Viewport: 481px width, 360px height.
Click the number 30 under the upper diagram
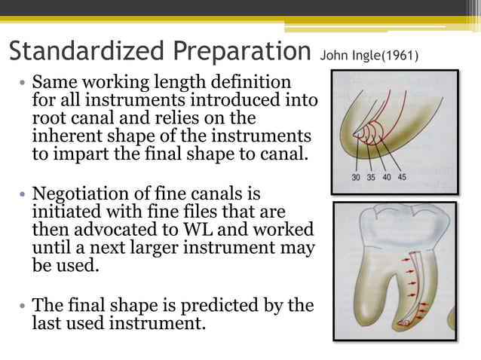[x=357, y=178]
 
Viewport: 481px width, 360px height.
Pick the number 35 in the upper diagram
[x=372, y=178]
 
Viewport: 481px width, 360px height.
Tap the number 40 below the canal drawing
[x=388, y=178]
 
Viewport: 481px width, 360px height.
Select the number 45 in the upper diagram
[x=402, y=178]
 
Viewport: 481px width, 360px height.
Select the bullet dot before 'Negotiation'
[x=23, y=194]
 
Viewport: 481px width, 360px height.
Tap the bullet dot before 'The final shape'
[x=23, y=306]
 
